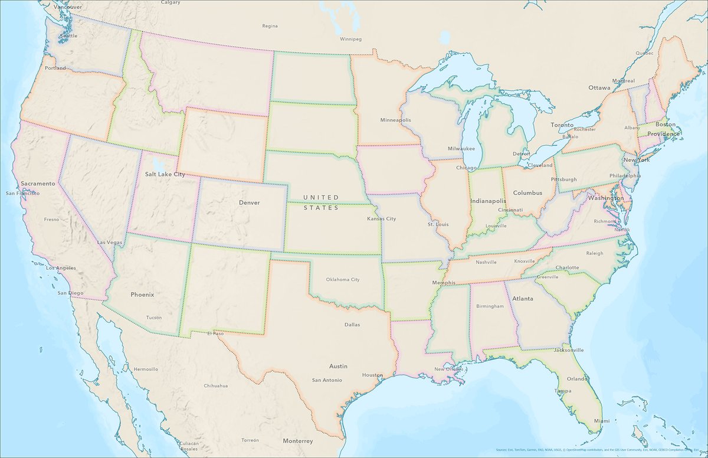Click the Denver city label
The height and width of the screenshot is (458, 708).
pyautogui.click(x=249, y=202)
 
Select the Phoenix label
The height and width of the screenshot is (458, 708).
pyautogui.click(x=142, y=294)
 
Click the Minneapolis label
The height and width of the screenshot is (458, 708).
pyautogui.click(x=395, y=120)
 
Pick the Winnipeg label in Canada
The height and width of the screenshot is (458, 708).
pyautogui.click(x=350, y=39)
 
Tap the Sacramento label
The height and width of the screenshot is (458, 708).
pyautogui.click(x=38, y=184)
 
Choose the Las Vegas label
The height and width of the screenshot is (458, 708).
pyautogui.click(x=110, y=243)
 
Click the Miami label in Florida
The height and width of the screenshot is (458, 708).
pyautogui.click(x=602, y=421)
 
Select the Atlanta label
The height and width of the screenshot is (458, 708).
pyautogui.click(x=523, y=299)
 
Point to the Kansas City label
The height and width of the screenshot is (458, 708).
pyautogui.click(x=381, y=219)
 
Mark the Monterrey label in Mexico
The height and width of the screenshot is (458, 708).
pyautogui.click(x=297, y=441)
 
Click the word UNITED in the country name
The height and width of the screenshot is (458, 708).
pyautogui.click(x=321, y=197)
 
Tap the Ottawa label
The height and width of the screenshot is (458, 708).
pyautogui.click(x=599, y=87)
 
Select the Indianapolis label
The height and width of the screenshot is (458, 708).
pyautogui.click(x=488, y=201)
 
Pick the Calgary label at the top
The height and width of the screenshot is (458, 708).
pyautogui.click(x=171, y=2)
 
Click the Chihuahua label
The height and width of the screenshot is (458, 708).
pyautogui.click(x=215, y=385)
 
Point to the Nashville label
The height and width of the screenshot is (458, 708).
pyautogui.click(x=486, y=262)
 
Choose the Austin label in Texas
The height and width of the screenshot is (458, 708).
pyautogui.click(x=338, y=366)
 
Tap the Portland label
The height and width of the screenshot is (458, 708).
pyautogui.click(x=55, y=68)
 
